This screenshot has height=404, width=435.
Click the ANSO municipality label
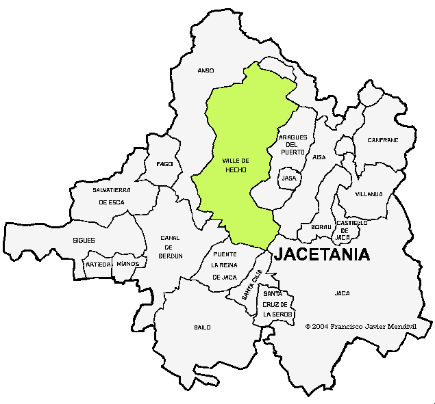(206, 70)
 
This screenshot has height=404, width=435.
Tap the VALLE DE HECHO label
(235, 165)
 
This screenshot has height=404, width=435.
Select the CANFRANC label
(382, 140)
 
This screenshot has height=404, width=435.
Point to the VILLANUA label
(369, 194)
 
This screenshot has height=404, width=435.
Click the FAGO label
(164, 164)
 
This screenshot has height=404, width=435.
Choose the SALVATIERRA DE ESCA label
(112, 196)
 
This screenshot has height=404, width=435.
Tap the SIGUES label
(84, 241)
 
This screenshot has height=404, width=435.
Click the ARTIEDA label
(97, 264)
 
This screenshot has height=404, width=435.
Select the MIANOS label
(127, 264)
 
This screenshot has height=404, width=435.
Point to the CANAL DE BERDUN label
(170, 247)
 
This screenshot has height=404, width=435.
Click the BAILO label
(202, 327)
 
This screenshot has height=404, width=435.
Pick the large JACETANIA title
(322, 255)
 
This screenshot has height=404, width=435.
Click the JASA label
(289, 178)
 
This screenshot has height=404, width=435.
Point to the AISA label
(319, 157)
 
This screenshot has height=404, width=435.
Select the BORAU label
(321, 227)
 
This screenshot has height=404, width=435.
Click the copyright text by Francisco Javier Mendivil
(360, 327)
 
